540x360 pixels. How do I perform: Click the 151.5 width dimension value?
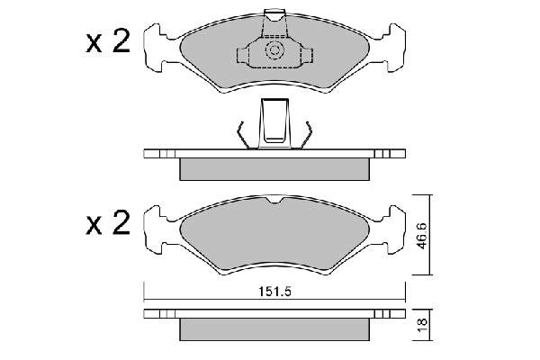(274, 292)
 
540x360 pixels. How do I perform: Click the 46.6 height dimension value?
(422, 236)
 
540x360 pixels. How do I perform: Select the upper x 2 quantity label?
(108, 41)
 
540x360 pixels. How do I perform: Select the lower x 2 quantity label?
(108, 223)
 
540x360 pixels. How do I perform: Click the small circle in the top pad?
(274, 50)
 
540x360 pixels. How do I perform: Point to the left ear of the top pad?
(154, 48)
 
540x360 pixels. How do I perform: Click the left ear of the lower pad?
(154, 229)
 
